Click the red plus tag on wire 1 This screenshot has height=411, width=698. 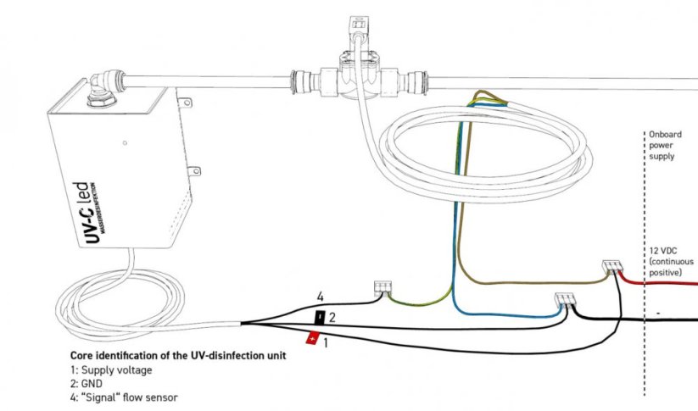tap(312, 338)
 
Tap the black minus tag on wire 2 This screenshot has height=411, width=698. tap(320, 318)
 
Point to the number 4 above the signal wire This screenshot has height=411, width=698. tap(320, 297)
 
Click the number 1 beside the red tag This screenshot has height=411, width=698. tap(326, 343)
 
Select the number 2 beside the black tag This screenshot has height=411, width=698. tap(332, 318)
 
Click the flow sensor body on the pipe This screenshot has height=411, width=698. tap(360, 75)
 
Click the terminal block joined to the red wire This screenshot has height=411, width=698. tap(612, 266)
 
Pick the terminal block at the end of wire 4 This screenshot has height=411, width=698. tap(383, 287)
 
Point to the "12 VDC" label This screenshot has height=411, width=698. tap(663, 251)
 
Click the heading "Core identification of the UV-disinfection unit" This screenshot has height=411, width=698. tap(178, 356)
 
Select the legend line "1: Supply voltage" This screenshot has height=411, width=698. tap(111, 370)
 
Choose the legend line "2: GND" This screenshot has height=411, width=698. tap(87, 383)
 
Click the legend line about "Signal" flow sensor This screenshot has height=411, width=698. tap(124, 397)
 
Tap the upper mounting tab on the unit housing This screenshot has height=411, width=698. tap(185, 103)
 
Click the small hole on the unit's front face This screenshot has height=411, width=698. tap(125, 143)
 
